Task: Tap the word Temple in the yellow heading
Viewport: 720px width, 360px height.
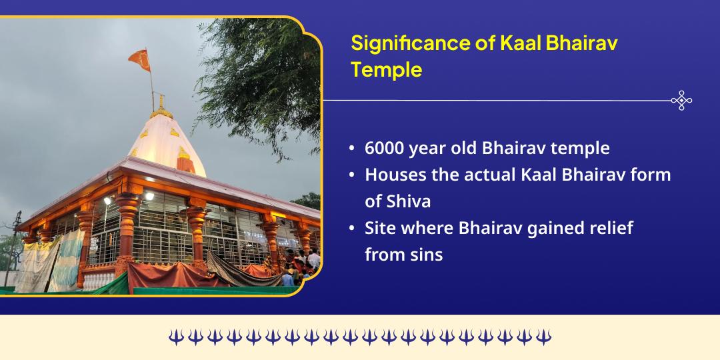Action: click(x=386, y=69)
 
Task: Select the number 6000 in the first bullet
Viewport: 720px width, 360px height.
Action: click(x=385, y=148)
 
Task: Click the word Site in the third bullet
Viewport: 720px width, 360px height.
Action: click(x=378, y=228)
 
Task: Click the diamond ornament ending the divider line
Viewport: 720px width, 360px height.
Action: click(x=681, y=101)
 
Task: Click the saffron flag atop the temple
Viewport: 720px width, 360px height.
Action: click(x=139, y=60)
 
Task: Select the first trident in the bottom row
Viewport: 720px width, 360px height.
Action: click(x=175, y=337)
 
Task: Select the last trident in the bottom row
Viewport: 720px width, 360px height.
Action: click(x=543, y=337)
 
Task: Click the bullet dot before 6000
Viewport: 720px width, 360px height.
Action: click(x=351, y=149)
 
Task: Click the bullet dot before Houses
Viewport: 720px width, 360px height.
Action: click(x=351, y=175)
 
